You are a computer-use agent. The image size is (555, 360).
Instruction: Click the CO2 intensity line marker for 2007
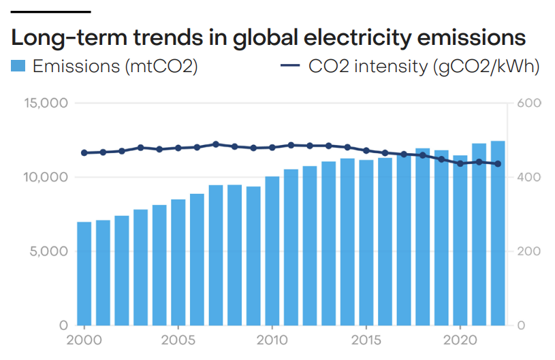coord(216,144)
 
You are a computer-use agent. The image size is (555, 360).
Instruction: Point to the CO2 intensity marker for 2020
coord(460,163)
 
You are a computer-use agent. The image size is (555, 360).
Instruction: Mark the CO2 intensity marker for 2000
coord(84,153)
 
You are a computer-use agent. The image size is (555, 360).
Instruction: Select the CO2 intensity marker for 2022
coord(498,164)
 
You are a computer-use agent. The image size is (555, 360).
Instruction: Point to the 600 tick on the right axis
coord(528,103)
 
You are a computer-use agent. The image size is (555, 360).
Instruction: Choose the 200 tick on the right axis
coord(528,251)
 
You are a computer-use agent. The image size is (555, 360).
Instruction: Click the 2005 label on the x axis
coord(178,339)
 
